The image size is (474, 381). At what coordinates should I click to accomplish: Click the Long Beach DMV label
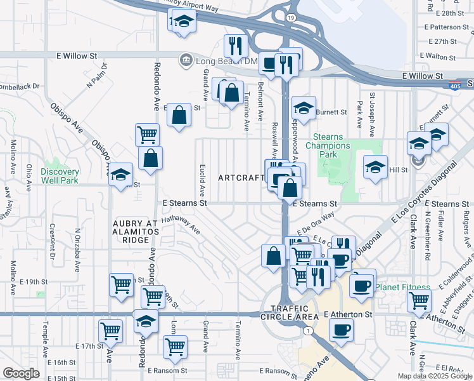(219, 61)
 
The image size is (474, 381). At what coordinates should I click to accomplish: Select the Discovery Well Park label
(60, 176)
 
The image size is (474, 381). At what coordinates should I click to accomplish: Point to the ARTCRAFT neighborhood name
(241, 178)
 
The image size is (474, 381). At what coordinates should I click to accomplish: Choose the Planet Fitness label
(402, 288)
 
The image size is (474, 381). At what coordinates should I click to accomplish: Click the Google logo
(21, 373)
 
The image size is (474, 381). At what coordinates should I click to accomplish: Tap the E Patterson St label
(450, 27)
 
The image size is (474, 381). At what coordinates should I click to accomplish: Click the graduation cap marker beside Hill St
(375, 168)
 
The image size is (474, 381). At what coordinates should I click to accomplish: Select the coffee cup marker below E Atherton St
(341, 330)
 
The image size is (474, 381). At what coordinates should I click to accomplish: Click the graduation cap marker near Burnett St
(304, 108)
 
